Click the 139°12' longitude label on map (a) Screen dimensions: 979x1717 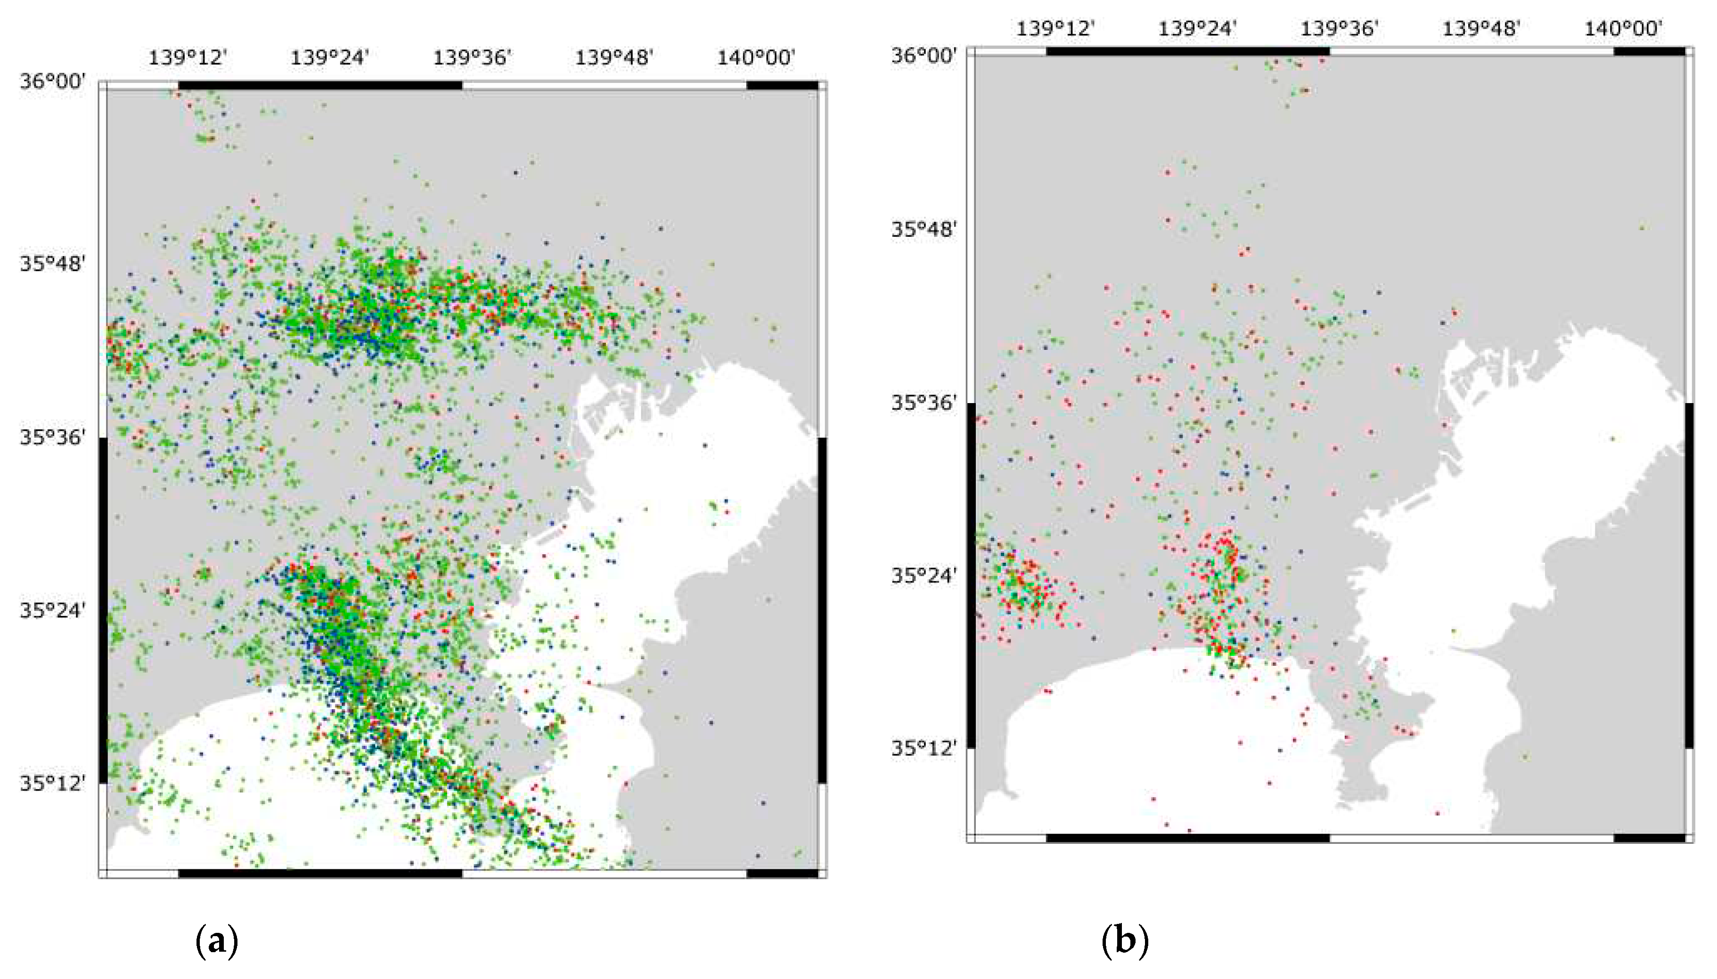(188, 58)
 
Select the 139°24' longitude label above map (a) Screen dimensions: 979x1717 (330, 58)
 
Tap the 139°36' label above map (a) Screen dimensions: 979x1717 (472, 58)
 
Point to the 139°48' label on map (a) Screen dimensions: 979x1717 (614, 58)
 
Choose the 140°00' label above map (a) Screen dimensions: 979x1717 (756, 58)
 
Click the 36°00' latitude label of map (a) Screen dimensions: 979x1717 (52, 82)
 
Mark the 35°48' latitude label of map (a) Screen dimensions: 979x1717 (52, 264)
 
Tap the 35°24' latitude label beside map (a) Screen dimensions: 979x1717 (52, 611)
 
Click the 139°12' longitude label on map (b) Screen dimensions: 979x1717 (1055, 29)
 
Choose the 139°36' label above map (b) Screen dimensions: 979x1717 (1340, 29)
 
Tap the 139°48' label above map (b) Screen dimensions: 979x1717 (1481, 29)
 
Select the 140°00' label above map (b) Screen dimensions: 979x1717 (1624, 29)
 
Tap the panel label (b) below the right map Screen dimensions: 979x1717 (1124, 941)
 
